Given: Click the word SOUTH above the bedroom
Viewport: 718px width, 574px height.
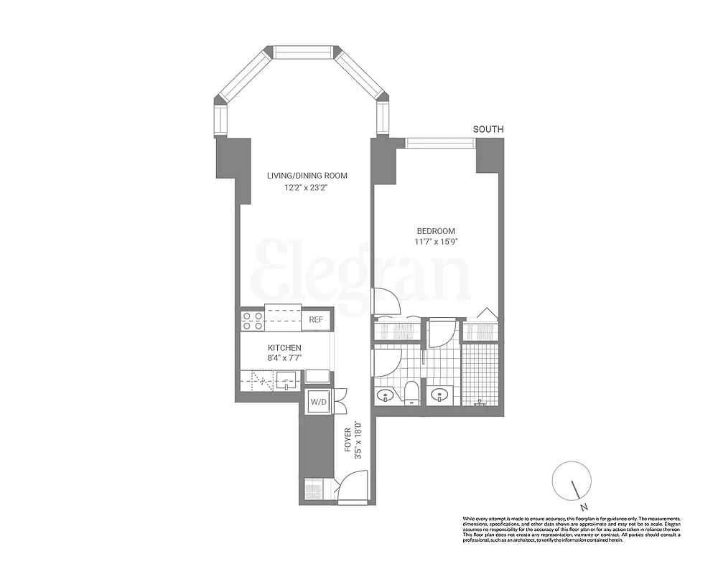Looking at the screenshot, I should click(x=488, y=129).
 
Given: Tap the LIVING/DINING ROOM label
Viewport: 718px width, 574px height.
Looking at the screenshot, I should click(x=307, y=176).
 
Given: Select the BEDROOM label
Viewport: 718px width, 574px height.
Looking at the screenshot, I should click(x=437, y=230).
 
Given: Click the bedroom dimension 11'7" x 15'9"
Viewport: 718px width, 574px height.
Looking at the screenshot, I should click(x=437, y=242).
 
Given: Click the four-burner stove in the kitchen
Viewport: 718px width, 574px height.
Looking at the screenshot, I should click(x=253, y=320).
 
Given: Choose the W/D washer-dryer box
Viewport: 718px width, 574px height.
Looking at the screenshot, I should click(x=318, y=403).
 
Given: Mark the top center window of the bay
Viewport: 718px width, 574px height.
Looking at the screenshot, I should click(x=302, y=52).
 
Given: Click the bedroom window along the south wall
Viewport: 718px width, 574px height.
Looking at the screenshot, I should click(x=440, y=143).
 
